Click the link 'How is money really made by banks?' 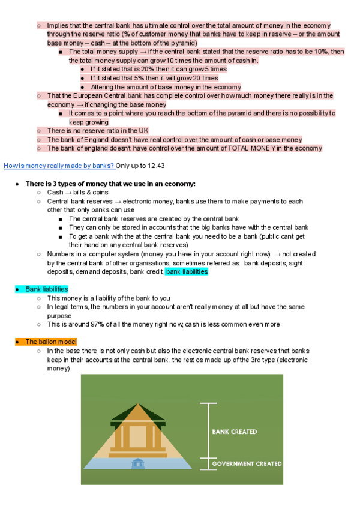pyautogui.click(x=59, y=165)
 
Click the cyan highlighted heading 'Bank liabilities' pyautogui.click(x=47, y=289)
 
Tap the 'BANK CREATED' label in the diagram pyautogui.click(x=234, y=432)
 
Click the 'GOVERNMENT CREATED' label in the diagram pyautogui.click(x=247, y=463)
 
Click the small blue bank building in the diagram pyautogui.click(x=139, y=463)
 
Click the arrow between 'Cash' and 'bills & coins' pyautogui.click(x=67, y=193)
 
